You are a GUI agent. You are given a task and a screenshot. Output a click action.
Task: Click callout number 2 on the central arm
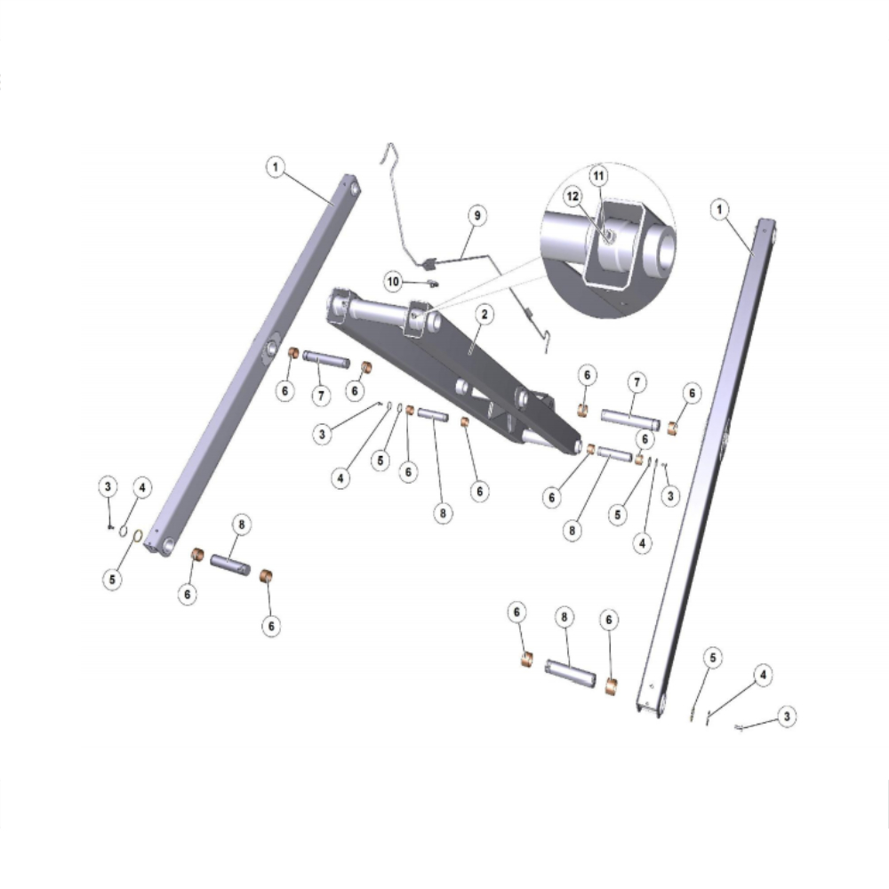coord(485,314)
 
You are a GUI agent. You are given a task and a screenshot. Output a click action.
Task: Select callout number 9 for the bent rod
coord(477,215)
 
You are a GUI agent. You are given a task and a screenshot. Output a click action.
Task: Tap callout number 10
coord(393,282)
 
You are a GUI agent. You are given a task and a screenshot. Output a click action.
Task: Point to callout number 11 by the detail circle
coord(598,176)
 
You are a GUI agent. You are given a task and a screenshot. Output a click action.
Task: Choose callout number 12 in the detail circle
coord(573,196)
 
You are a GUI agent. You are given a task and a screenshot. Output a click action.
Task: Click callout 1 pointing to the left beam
coord(276,167)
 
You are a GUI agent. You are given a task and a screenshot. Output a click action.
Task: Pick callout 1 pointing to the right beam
coord(719,210)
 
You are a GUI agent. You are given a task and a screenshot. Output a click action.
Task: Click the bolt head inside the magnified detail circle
coord(609,236)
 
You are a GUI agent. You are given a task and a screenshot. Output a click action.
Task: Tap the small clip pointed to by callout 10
coord(434,284)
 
